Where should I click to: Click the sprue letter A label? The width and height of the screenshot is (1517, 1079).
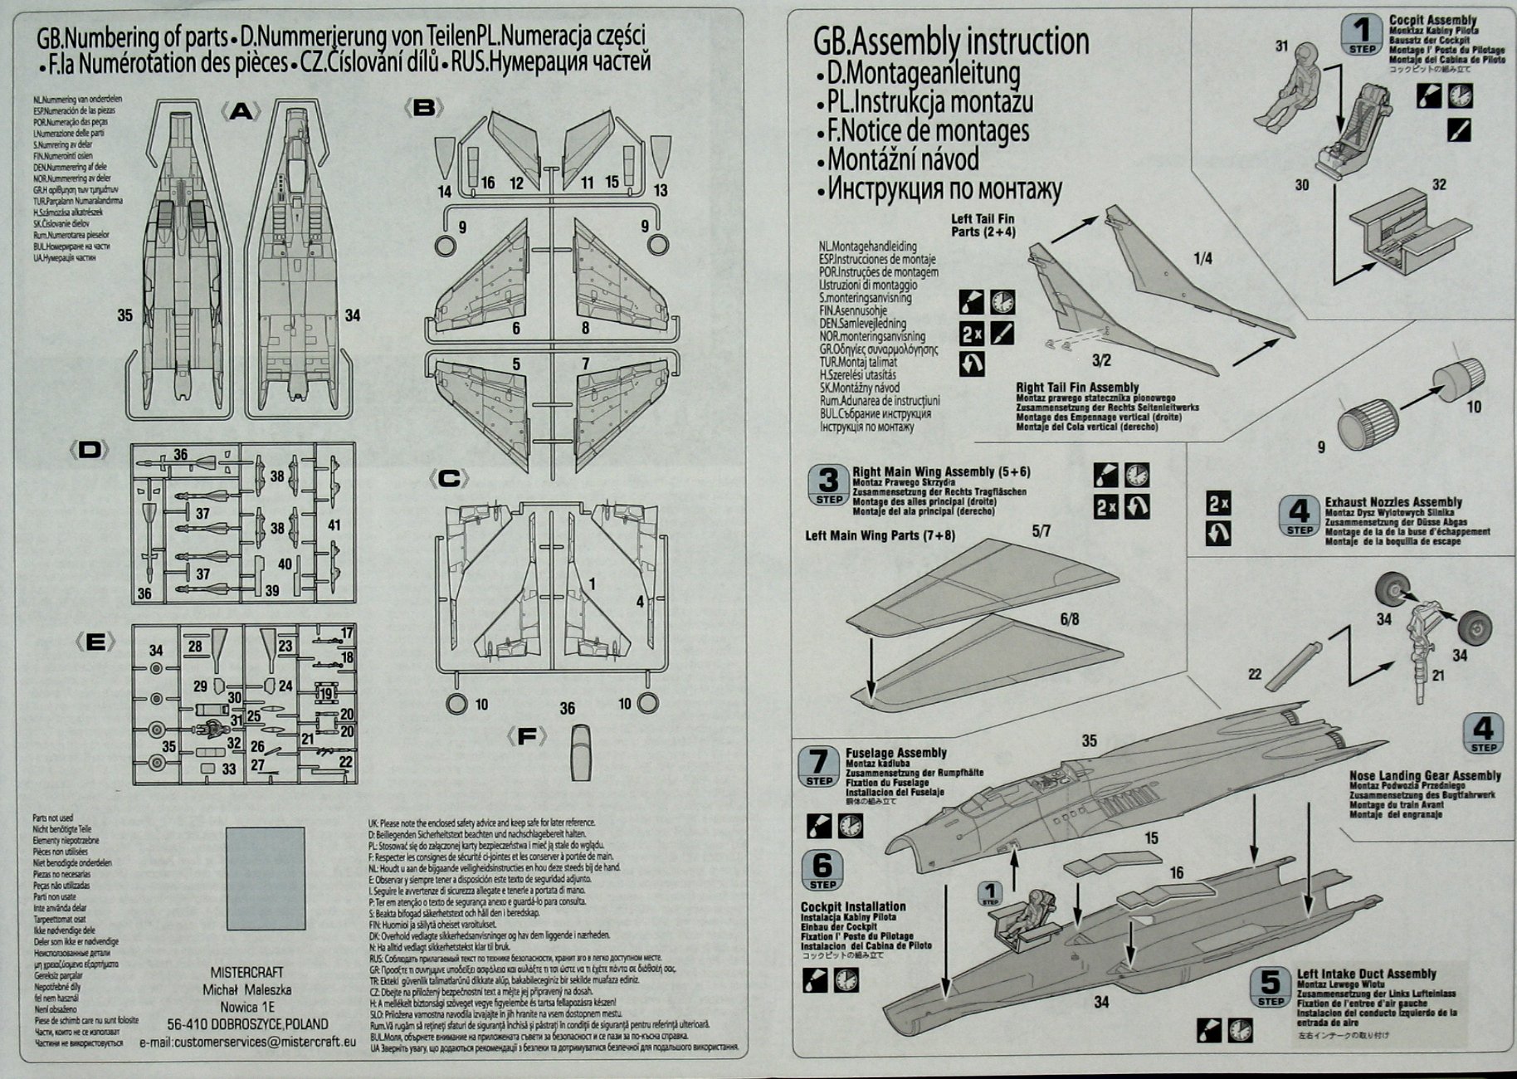pyautogui.click(x=241, y=111)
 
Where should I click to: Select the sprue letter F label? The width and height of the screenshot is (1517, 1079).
pyautogui.click(x=526, y=736)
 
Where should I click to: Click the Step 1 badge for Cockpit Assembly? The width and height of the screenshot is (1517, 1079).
pyautogui.click(x=1362, y=34)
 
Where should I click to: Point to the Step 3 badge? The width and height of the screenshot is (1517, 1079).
pyautogui.click(x=828, y=485)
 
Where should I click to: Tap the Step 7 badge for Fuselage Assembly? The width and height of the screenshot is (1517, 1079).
pyautogui.click(x=818, y=766)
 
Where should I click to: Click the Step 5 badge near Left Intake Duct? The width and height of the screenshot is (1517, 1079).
pyautogui.click(x=1270, y=987)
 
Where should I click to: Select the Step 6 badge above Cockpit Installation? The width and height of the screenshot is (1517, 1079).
pyautogui.click(x=822, y=870)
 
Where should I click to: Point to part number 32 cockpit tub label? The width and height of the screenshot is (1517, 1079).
pyautogui.click(x=1438, y=184)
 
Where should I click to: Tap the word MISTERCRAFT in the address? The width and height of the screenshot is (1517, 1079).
pyautogui.click(x=246, y=972)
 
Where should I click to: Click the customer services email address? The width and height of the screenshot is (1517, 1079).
pyautogui.click(x=247, y=1041)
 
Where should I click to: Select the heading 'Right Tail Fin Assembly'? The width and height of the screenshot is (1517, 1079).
pyautogui.click(x=1077, y=388)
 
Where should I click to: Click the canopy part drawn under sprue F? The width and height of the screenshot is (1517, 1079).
pyautogui.click(x=583, y=752)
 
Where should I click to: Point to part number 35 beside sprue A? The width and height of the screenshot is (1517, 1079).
pyautogui.click(x=124, y=315)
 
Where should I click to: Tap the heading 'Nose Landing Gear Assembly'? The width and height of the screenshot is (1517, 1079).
pyautogui.click(x=1425, y=775)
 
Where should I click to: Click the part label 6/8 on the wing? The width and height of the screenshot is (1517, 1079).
pyautogui.click(x=1069, y=619)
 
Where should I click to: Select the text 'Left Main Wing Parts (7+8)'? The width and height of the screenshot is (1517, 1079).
pyautogui.click(x=880, y=535)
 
